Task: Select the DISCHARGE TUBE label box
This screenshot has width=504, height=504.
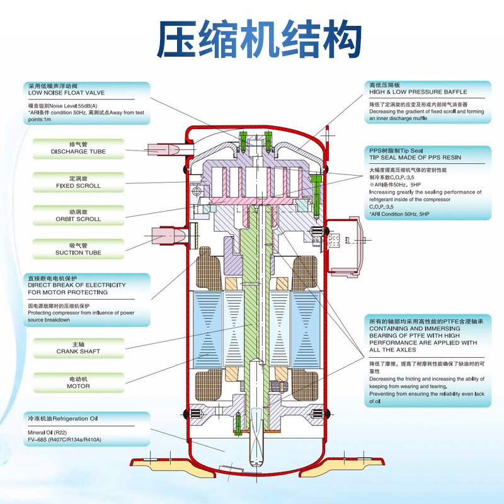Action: [x=78, y=148]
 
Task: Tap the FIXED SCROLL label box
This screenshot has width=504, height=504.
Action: [x=78, y=182]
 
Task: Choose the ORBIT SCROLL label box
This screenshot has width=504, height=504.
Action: [x=78, y=215]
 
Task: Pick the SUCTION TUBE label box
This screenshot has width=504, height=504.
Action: [x=78, y=249]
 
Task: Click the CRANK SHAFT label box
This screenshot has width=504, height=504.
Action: [x=78, y=348]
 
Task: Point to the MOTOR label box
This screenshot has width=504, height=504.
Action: [x=78, y=382]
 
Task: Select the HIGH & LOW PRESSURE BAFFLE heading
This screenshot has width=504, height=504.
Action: [x=418, y=92]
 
